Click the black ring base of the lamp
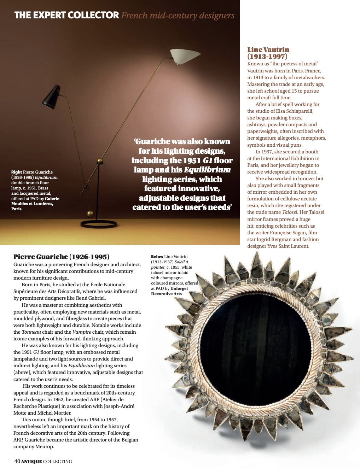tap(99, 224)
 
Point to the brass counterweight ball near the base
tap(90, 213)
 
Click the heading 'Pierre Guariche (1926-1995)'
tap(61, 257)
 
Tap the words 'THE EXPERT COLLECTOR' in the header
tap(66, 15)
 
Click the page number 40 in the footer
tap(17, 461)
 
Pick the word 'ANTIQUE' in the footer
tap(31, 461)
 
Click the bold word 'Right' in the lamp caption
tap(17, 172)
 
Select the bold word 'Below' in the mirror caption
tap(157, 257)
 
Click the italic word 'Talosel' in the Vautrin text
tap(290, 212)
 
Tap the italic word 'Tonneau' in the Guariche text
tap(31, 332)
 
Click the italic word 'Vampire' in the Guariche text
tap(81, 332)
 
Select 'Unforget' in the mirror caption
tap(180, 288)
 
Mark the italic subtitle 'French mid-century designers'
tap(178, 16)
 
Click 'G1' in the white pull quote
tap(208, 160)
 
